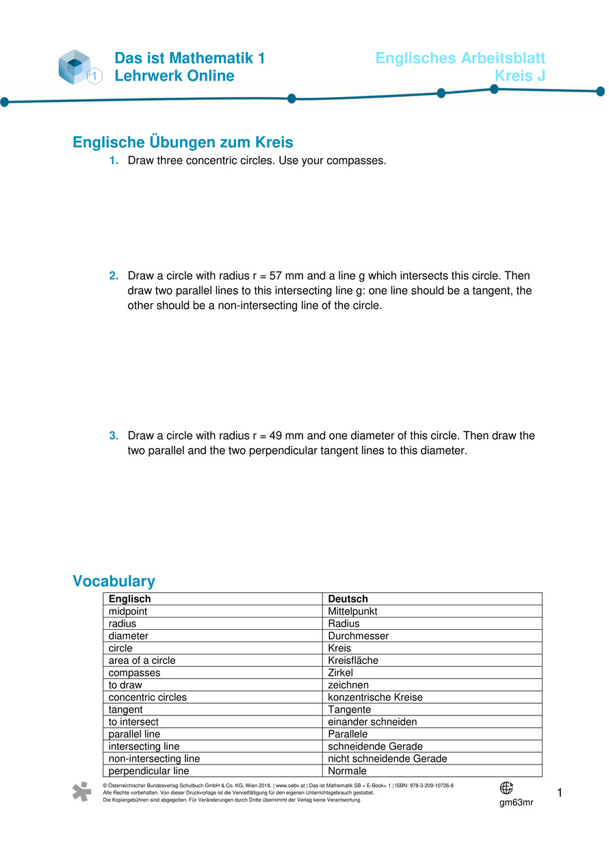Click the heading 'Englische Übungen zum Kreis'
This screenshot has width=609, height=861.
[183, 142]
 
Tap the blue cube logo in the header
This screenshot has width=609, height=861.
[76, 67]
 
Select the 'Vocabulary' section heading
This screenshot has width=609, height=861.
[114, 581]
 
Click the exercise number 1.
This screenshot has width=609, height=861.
[114, 161]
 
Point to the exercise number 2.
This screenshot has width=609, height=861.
[114, 276]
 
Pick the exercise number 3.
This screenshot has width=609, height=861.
[114, 436]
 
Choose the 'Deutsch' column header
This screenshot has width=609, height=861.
[348, 599]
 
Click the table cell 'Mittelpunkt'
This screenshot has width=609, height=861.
[352, 611]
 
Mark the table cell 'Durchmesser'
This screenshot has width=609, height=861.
[358, 636]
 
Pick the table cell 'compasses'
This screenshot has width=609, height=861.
[134, 673]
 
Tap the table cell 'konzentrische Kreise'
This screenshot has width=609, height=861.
[375, 698]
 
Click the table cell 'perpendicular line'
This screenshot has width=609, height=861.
[148, 771]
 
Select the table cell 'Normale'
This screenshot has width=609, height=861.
[347, 771]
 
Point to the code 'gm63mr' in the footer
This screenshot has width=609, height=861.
[516, 802]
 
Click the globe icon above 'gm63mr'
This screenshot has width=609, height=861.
[506, 788]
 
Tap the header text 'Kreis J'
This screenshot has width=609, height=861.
[519, 76]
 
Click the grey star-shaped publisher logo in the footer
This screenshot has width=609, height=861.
[81, 791]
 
